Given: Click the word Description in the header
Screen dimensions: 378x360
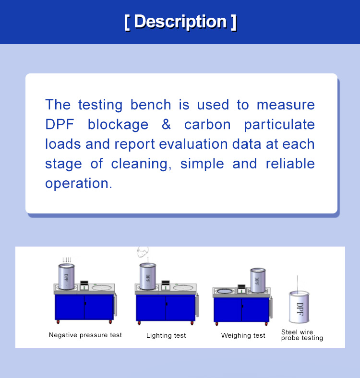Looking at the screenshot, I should [x=180, y=22].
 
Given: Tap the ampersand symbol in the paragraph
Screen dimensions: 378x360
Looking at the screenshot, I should [x=166, y=125].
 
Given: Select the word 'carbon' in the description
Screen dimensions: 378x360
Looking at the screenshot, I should [x=207, y=125].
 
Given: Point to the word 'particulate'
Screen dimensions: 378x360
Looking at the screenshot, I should [x=279, y=125].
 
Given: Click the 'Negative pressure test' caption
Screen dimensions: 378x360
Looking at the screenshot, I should [x=85, y=335].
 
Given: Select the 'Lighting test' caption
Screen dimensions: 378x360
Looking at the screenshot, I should [x=166, y=335].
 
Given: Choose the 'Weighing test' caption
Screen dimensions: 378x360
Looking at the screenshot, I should [x=243, y=335].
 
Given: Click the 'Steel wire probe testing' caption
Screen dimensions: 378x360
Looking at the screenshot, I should [x=302, y=335].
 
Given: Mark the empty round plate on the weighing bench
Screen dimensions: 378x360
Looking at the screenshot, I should [x=224, y=291].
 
